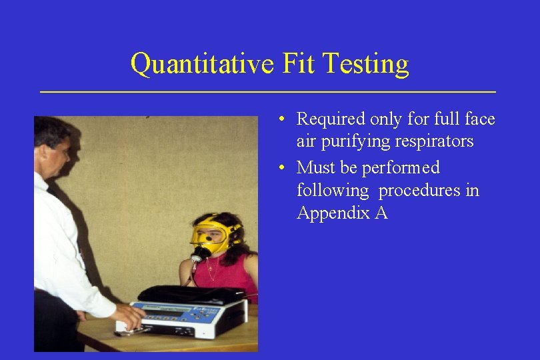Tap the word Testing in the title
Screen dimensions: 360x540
(x=365, y=64)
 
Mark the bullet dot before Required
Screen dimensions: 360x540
(x=283, y=119)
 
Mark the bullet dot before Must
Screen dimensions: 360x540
(x=283, y=167)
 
